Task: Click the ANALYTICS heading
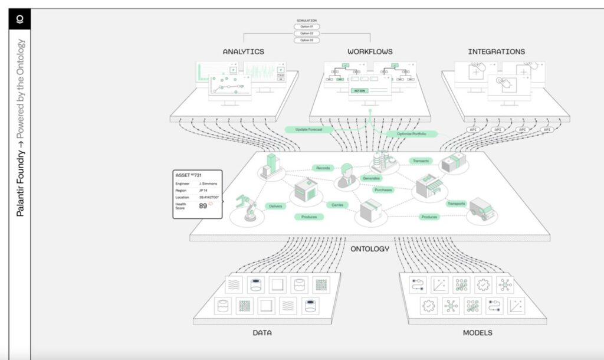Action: point(243,51)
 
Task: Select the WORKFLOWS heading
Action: point(370,51)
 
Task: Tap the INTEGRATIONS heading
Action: point(496,51)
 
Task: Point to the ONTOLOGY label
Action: point(369,248)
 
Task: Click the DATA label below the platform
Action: point(262,333)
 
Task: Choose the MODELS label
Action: point(477,333)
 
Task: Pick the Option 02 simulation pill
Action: point(307,34)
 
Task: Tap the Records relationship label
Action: point(323,168)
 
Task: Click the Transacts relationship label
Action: point(421,161)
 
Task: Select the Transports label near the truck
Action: point(456,204)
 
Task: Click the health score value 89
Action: point(202,206)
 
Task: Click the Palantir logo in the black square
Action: point(19,19)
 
